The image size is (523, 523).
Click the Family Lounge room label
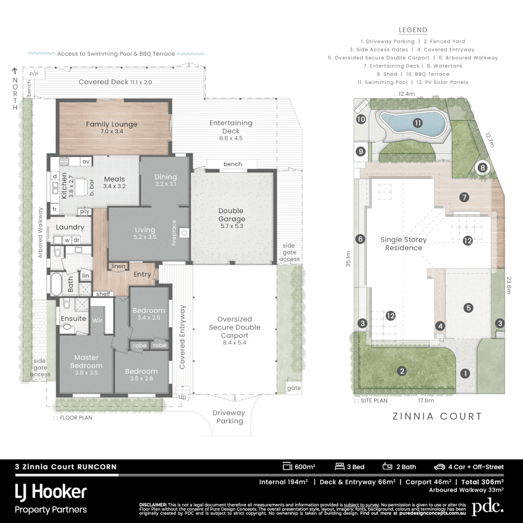[111, 124]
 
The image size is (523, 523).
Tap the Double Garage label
[231, 215]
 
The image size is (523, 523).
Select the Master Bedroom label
[86, 362]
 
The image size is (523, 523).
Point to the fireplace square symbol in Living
[184, 232]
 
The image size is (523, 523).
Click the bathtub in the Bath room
[56, 284]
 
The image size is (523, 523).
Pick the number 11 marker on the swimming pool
[417, 123]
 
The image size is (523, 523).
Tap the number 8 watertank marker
[482, 168]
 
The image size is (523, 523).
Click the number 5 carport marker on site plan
[468, 308]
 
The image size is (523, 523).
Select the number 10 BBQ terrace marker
[361, 119]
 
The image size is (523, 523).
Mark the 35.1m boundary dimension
[348, 259]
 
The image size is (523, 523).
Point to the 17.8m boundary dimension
[426, 400]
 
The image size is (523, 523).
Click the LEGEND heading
[413, 30]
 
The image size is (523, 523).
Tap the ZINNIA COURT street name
[437, 416]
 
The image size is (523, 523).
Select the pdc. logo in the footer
[488, 507]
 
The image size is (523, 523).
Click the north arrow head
[15, 70]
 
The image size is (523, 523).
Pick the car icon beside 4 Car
[439, 467]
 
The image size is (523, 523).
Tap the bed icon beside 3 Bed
[339, 466]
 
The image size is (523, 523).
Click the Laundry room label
[70, 227]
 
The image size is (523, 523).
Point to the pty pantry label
[85, 212]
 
